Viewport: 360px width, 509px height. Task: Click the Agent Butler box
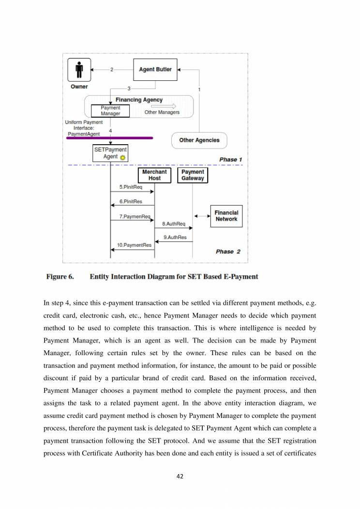coord(155,70)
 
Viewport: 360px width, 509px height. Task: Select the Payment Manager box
coord(110,111)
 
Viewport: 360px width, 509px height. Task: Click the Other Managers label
coord(162,112)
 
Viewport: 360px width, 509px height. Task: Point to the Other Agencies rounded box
coord(199,140)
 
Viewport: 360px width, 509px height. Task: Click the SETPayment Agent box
coord(110,153)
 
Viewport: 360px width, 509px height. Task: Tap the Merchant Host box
coord(154,175)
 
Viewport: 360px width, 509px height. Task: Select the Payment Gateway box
coord(193,175)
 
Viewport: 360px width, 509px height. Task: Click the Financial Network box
coord(226,216)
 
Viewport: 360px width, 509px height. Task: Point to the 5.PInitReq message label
coord(127,187)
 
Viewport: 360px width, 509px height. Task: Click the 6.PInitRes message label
coord(131,201)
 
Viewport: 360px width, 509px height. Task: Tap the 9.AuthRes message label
coord(175,237)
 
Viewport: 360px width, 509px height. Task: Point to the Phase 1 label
coord(228,159)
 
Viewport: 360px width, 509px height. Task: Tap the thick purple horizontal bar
coord(110,138)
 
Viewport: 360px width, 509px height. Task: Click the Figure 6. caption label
coord(60,277)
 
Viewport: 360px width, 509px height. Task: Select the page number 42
coord(180,476)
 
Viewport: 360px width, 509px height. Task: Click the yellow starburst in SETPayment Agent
coord(122,158)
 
